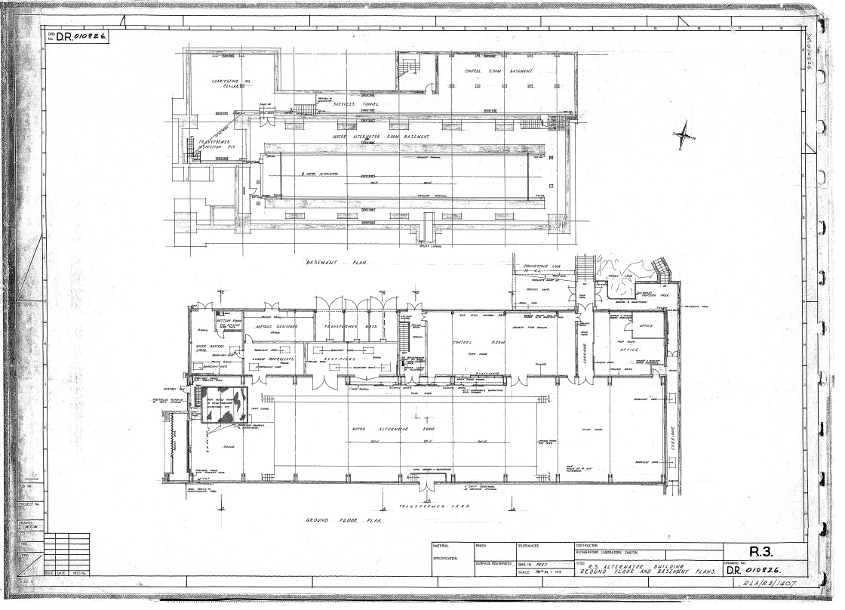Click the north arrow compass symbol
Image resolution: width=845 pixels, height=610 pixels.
683,134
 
